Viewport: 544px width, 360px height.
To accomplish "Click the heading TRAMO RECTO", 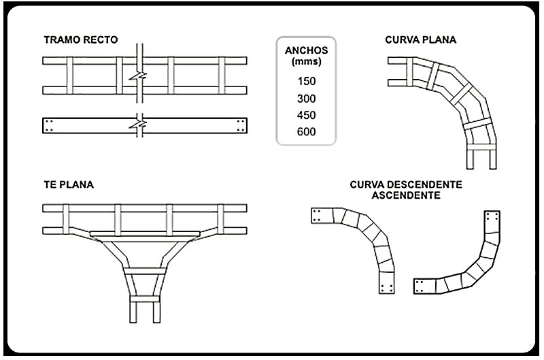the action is coord(81,40).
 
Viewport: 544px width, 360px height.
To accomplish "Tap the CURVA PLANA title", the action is coord(420,40).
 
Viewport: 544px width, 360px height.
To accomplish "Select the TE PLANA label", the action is coord(69,184).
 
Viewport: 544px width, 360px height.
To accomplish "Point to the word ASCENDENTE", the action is coord(406,195).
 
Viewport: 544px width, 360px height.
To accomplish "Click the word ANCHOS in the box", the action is coord(307,50).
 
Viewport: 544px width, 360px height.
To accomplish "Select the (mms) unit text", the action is coord(307,61).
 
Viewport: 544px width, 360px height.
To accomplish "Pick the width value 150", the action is coord(307,81).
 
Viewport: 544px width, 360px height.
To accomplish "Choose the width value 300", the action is coord(307,99).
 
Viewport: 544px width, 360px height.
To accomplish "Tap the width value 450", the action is coord(307,115).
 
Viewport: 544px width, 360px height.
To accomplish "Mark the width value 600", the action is coord(307,132).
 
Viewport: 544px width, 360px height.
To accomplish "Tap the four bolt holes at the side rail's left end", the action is coord(49,126).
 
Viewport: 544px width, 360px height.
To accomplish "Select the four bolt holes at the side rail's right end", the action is coord(241,126).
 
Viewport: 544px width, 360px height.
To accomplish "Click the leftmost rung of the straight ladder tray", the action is coord(70,76).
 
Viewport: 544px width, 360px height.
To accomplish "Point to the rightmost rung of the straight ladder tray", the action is coord(222,76).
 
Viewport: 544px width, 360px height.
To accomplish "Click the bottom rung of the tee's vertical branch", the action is coord(145,299).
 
